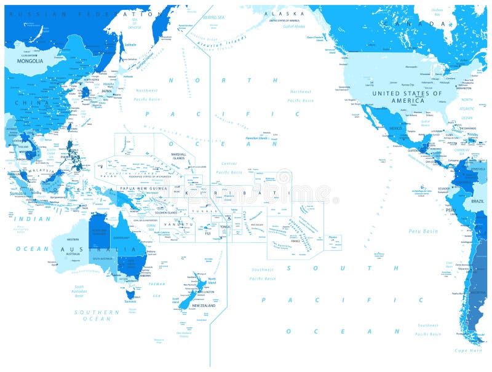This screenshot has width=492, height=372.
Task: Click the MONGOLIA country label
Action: click(30, 61)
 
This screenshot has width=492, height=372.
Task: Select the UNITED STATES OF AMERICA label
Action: click(407, 97)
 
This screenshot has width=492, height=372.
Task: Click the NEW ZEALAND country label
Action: click(204, 306)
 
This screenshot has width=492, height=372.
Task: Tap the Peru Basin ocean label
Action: click(423, 231)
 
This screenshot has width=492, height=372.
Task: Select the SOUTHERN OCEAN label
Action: click(97, 315)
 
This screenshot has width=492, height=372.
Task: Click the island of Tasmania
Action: click(129, 295)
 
